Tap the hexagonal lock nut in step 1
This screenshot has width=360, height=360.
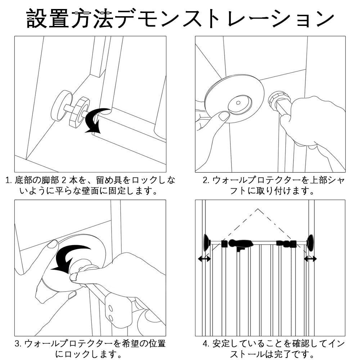79,112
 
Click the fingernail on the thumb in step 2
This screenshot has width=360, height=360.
224,116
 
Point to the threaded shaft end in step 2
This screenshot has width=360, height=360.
279,100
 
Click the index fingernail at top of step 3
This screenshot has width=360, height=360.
53,244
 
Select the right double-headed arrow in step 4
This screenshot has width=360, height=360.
310,258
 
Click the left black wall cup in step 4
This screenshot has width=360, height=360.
206,243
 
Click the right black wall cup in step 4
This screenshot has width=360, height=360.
309,243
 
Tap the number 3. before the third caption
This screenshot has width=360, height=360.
18,343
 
